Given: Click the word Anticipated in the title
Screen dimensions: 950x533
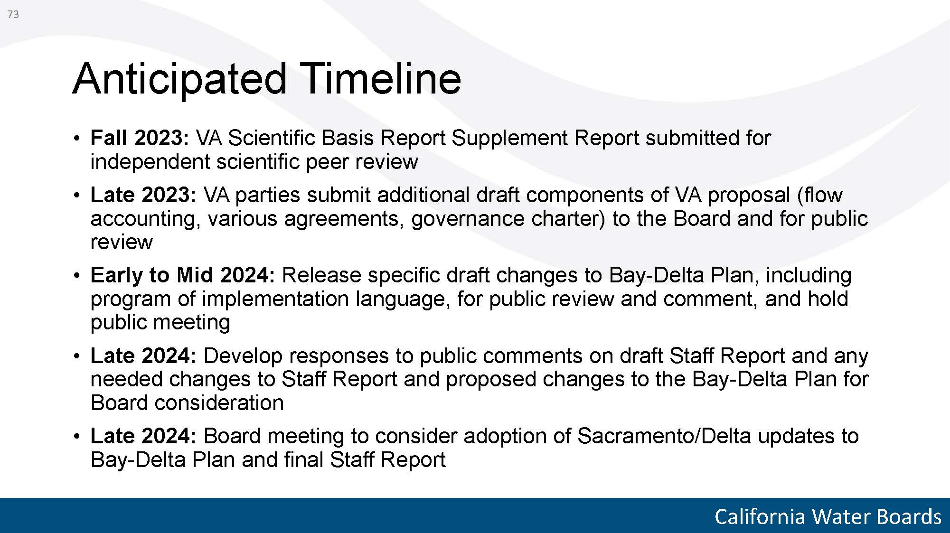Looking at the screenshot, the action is (180, 79).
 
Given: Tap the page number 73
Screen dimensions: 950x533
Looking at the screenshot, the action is (13, 15).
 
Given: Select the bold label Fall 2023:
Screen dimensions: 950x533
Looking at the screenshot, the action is (140, 138).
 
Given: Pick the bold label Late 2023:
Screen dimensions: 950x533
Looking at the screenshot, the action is (143, 195).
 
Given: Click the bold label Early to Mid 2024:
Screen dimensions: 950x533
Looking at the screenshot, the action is (183, 275).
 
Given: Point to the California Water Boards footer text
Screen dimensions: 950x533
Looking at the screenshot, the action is (828, 516).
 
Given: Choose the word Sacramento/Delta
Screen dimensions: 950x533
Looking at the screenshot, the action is (664, 436).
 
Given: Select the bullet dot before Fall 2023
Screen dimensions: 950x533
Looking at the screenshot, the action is (76, 139).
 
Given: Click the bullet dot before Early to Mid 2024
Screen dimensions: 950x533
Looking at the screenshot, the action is (76, 276).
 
